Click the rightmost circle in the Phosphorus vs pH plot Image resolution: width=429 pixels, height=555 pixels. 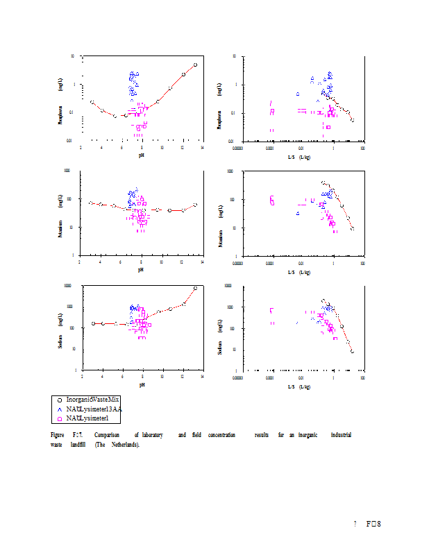[x=195, y=65]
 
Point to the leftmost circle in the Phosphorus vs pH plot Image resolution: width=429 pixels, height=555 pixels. [x=92, y=102]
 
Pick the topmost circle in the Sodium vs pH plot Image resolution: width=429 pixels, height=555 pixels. [x=195, y=288]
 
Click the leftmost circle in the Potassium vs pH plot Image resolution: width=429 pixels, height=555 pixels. [x=91, y=203]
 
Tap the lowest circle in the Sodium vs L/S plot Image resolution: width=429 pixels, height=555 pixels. [x=352, y=352]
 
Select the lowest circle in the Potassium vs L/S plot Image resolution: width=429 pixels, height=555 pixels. [x=353, y=228]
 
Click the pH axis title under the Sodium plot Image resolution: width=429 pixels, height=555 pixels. [x=142, y=384]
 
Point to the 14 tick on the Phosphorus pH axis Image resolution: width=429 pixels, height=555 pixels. [x=202, y=147]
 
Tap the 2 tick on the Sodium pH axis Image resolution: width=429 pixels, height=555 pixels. [x=82, y=376]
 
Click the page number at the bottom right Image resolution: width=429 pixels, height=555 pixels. [x=374, y=523]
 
